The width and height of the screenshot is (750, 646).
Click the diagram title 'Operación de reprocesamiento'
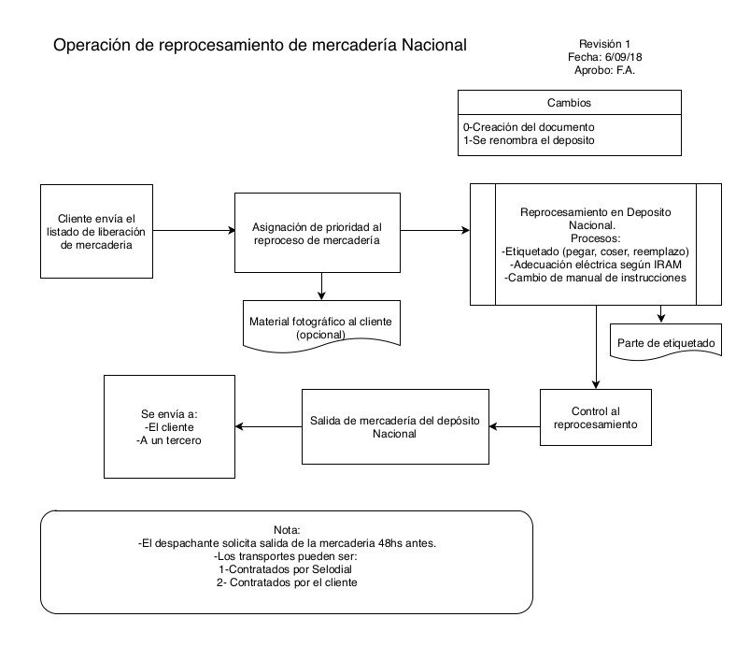259,45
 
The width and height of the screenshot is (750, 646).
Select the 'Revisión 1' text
605,44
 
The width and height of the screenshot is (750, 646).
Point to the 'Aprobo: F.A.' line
605,71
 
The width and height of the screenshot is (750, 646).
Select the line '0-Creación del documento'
529,126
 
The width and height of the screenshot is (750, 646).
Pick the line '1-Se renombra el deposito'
529,140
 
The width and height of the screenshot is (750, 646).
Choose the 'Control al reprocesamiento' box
595,417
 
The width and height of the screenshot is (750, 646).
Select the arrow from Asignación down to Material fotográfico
321,284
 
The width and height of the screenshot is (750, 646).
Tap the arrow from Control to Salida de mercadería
514,427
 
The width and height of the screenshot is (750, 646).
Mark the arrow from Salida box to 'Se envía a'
267,427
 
